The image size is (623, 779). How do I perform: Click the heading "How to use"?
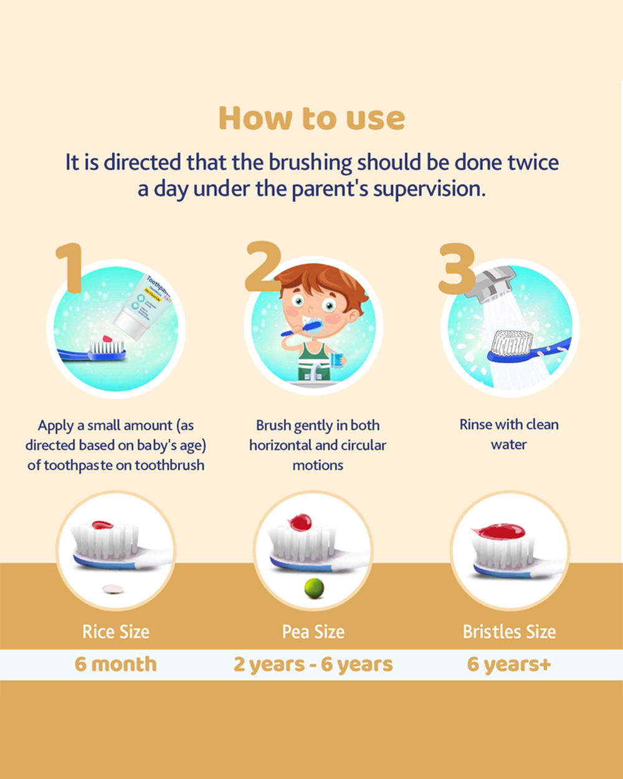[x=311, y=118]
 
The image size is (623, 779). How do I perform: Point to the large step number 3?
[x=457, y=268]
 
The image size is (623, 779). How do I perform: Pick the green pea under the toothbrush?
[x=314, y=588]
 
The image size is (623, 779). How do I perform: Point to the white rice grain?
[x=113, y=589]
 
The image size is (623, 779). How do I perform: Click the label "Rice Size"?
[x=116, y=632]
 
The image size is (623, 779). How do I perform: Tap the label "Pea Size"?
[x=313, y=632]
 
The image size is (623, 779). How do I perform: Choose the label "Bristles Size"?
[x=510, y=632]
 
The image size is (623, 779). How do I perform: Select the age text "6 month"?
[x=115, y=664]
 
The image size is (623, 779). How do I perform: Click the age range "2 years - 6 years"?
[x=313, y=664]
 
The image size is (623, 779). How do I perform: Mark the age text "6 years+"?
[x=509, y=664]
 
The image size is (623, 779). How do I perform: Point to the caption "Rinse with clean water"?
[x=509, y=434]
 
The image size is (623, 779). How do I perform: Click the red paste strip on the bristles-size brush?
[x=498, y=531]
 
